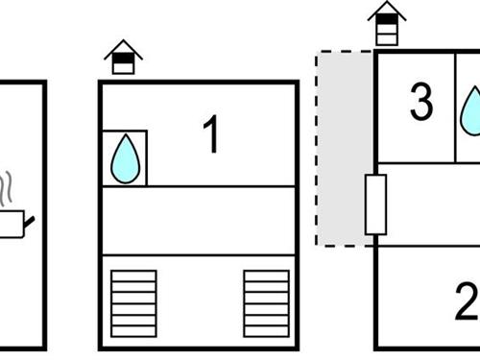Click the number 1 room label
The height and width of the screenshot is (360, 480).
click(211, 134)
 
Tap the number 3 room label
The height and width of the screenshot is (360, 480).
click(420, 103)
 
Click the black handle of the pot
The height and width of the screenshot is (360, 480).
click(31, 222)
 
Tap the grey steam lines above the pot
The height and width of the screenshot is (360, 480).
click(8, 190)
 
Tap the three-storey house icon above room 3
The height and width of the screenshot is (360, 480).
click(386, 23)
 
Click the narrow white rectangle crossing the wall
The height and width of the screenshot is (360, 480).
click(375, 204)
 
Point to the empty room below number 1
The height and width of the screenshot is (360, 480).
click(199, 221)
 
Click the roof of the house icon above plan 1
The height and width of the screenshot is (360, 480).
click(123, 48)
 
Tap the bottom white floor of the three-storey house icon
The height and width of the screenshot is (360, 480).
click(386, 38)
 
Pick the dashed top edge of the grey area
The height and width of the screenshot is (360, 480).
click(344, 52)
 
